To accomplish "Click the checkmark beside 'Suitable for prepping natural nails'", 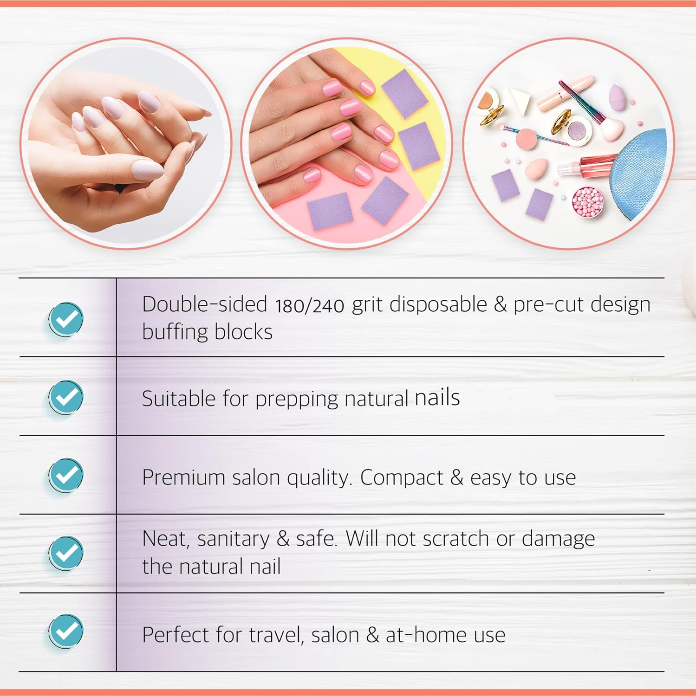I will pyautogui.click(x=66, y=397).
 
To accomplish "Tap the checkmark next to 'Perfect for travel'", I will pyautogui.click(x=66, y=631).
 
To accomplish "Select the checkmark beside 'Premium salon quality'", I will pyautogui.click(x=66, y=475).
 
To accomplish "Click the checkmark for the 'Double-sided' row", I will pyautogui.click(x=66, y=319).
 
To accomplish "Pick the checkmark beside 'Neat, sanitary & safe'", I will pyautogui.click(x=66, y=553).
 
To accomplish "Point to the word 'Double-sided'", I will pyautogui.click(x=204, y=305).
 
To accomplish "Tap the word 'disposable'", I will pyautogui.click(x=438, y=305).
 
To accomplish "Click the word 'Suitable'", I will pyautogui.click(x=178, y=399).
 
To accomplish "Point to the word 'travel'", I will pyautogui.click(x=276, y=635).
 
